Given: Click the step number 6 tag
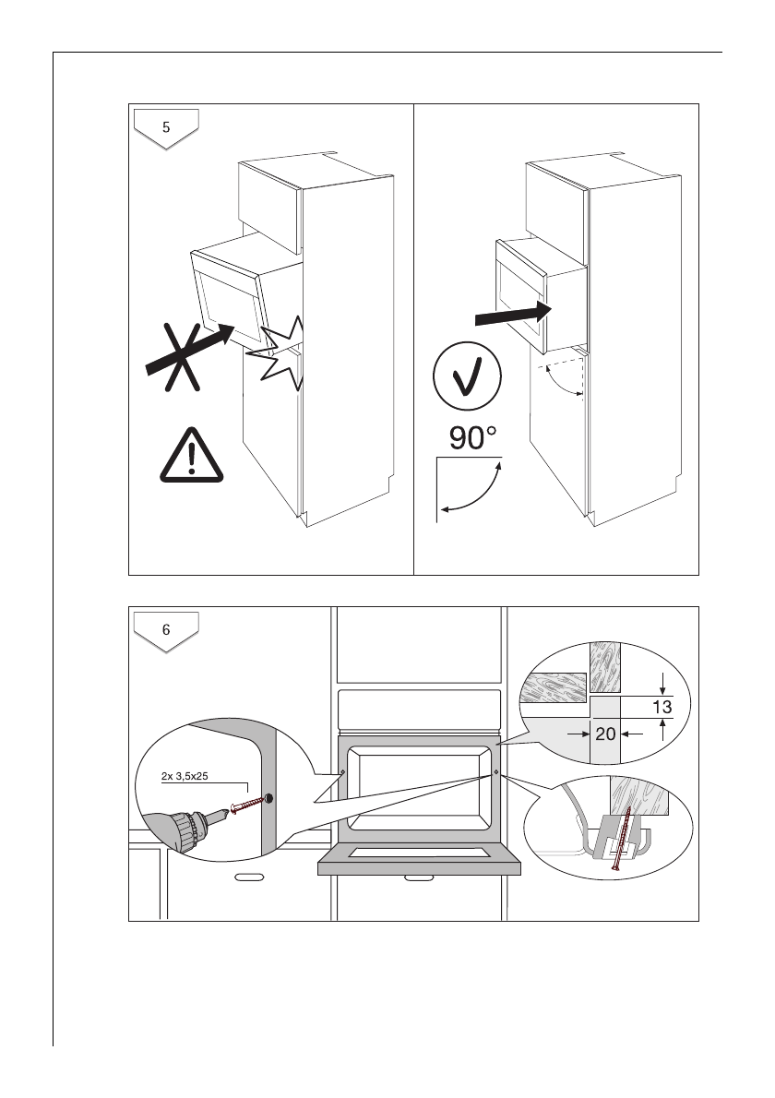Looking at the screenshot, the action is pyautogui.click(x=166, y=631).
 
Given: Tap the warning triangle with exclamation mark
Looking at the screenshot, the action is pyautogui.click(x=191, y=457).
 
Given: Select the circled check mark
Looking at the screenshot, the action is pyautogui.click(x=468, y=383).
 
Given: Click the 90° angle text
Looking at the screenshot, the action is pyautogui.click(x=479, y=438).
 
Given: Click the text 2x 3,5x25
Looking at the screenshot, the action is pyautogui.click(x=185, y=776).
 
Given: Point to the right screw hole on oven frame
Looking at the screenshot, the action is pyautogui.click(x=496, y=771).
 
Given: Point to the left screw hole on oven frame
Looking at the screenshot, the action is pyautogui.click(x=343, y=771).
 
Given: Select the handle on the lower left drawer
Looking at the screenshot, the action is pyautogui.click(x=248, y=878).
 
